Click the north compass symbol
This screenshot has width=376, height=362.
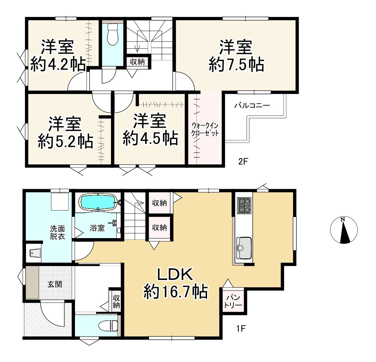click(344, 230)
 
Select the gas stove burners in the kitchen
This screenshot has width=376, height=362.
click(244, 205)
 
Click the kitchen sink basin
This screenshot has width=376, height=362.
click(244, 247)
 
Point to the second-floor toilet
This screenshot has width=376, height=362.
click(113, 35)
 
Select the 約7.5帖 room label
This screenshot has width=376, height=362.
click(236, 56)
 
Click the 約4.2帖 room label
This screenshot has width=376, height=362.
click(58, 56)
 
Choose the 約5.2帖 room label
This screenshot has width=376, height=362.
click(65, 133)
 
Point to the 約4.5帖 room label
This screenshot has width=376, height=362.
click(150, 130)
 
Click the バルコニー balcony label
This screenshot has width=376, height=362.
click(252, 106)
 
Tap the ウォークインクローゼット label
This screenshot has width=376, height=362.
click(205, 129)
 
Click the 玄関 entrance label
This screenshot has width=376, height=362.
click(54, 285)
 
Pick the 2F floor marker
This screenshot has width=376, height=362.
click(243, 162)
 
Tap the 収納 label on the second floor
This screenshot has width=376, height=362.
click(137, 62)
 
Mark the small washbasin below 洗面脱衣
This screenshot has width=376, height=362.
click(34, 254)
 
